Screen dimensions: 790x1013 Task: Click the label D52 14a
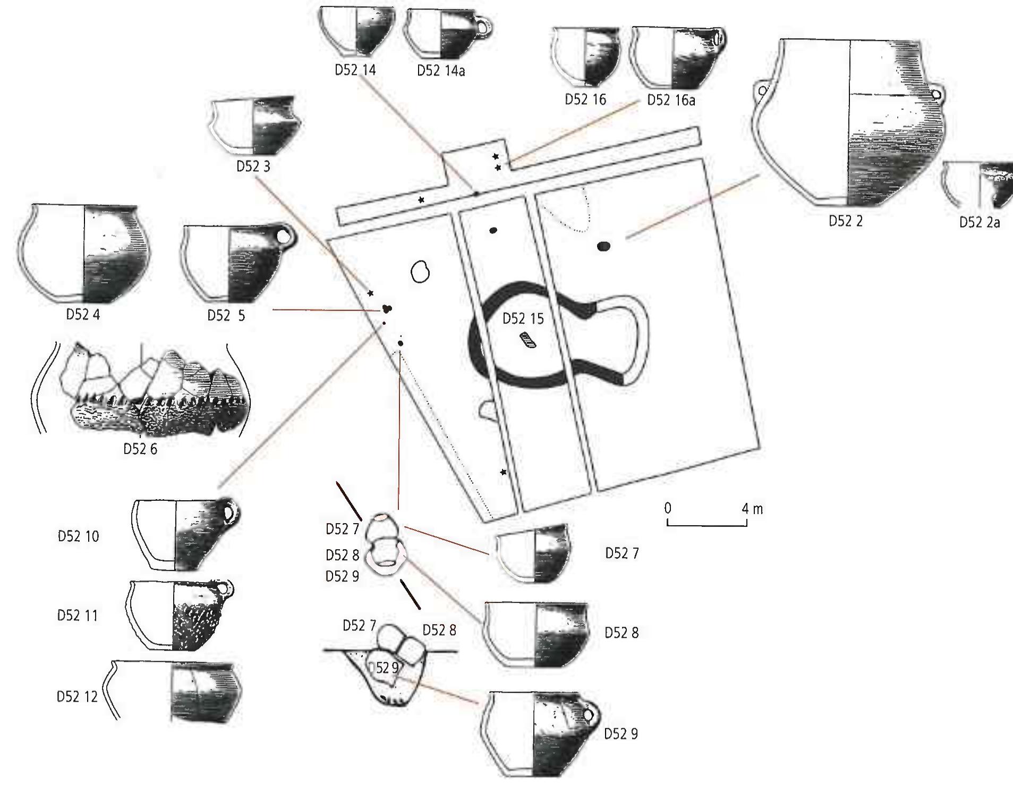pyautogui.click(x=440, y=71)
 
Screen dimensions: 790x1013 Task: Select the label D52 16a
pyautogui.click(x=670, y=100)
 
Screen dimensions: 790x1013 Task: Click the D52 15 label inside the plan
pyautogui.click(x=523, y=318)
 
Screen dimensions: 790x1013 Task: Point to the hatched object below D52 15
pyautogui.click(x=528, y=340)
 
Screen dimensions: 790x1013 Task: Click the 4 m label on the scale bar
pyautogui.click(x=752, y=509)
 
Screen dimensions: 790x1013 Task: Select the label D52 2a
pyautogui.click(x=979, y=222)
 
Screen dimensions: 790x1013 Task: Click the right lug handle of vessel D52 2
pyautogui.click(x=936, y=95)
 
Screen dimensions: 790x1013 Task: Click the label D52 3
pyautogui.click(x=253, y=166)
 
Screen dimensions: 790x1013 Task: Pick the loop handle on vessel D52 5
pyautogui.click(x=286, y=237)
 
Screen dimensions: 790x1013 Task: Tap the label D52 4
pyautogui.click(x=83, y=314)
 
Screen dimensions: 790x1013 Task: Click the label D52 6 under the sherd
pyautogui.click(x=140, y=449)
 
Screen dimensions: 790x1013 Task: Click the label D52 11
pyautogui.click(x=78, y=615)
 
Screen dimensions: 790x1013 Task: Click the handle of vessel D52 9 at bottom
pyautogui.click(x=589, y=715)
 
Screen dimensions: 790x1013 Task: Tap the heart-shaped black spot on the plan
pyautogui.click(x=387, y=309)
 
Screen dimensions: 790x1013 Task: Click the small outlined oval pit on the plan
pyautogui.click(x=420, y=272)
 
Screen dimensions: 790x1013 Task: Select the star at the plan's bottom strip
pyautogui.click(x=503, y=472)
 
